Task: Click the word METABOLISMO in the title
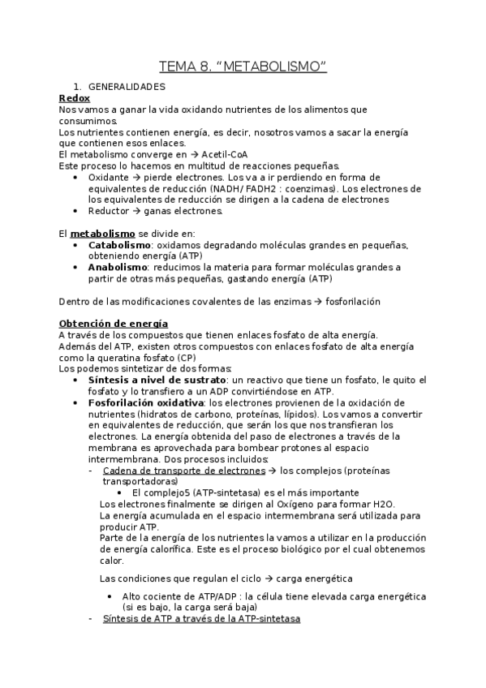pos(273,66)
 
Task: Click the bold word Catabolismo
pos(118,245)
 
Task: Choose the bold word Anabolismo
pos(117,267)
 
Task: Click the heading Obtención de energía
pos(114,324)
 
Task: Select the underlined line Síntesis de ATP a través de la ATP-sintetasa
pos(201,618)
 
